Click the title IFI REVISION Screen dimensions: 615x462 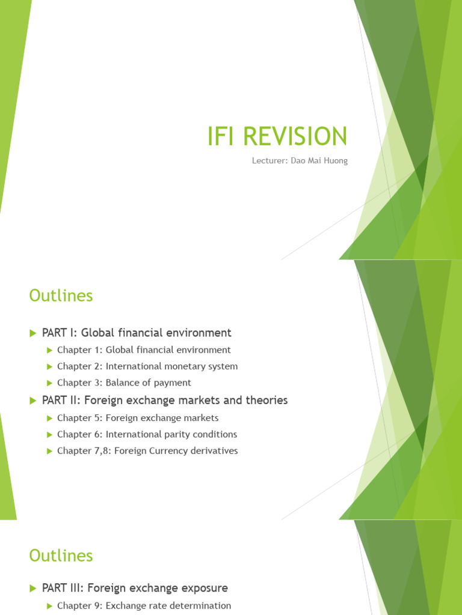point(276,136)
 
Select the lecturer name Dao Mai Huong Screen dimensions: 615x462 point(322,161)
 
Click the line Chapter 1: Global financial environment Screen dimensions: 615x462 point(144,350)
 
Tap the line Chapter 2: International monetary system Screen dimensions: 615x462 point(147,366)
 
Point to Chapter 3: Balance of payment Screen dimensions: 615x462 point(124,383)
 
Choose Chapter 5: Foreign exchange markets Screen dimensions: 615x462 point(138,417)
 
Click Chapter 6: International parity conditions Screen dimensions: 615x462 point(147,434)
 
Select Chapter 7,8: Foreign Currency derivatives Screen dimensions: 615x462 point(147,450)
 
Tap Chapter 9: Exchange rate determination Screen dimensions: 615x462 point(144,605)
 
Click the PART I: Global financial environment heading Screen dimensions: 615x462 point(137,332)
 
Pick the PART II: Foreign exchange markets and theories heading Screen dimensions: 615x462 point(165,400)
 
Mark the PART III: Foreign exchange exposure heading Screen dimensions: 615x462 point(135,588)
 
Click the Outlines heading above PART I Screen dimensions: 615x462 point(61,295)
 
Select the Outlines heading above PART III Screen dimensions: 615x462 point(61,556)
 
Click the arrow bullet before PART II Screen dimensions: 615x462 point(33,400)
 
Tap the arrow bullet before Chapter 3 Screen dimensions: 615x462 point(50,383)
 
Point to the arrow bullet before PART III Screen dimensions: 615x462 point(33,588)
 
